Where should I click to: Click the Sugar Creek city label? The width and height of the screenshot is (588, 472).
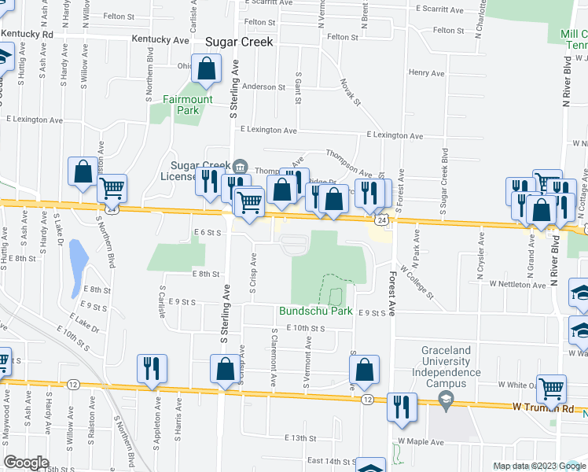[238, 42]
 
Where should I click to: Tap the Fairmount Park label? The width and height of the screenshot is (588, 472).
[187, 105]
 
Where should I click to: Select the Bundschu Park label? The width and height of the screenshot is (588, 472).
[315, 311]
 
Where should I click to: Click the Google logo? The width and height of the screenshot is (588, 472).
[26, 463]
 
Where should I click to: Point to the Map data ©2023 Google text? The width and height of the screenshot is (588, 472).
[539, 466]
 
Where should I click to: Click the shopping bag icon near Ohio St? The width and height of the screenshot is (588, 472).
[206, 70]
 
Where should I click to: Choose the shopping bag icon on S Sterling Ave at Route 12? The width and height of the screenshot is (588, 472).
[225, 369]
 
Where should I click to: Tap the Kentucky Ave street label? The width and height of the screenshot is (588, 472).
[160, 39]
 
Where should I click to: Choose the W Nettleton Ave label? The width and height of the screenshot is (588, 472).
[516, 283]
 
